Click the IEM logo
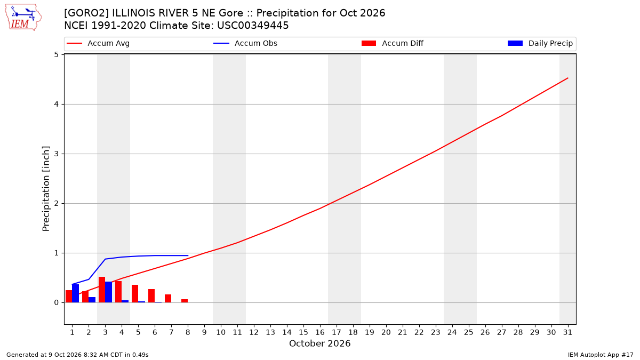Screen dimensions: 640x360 (x=23, y=18)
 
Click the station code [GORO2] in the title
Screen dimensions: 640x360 (x=86, y=13)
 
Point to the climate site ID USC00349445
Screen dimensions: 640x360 (x=253, y=26)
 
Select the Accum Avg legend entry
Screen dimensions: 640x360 (x=98, y=43)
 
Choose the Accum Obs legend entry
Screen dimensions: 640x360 (x=245, y=43)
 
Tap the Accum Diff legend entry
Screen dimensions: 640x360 (x=393, y=43)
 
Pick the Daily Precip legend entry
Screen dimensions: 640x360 (x=540, y=43)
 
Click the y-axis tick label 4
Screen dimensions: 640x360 (x=57, y=105)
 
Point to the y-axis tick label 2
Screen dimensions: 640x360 (x=57, y=203)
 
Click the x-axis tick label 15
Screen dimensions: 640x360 (x=303, y=332)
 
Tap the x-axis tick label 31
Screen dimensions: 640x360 (x=567, y=332)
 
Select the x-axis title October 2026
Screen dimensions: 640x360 (x=319, y=343)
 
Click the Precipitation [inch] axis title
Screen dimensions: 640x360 (x=46, y=189)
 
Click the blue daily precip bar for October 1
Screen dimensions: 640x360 (x=75, y=293)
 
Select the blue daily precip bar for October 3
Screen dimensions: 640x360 (x=109, y=292)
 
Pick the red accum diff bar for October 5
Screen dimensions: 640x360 (x=135, y=294)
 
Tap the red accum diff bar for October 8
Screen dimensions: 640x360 (x=185, y=301)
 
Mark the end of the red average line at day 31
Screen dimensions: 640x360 (x=567, y=78)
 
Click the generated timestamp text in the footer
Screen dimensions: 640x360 (x=77, y=355)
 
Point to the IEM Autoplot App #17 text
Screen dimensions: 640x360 (x=601, y=355)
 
